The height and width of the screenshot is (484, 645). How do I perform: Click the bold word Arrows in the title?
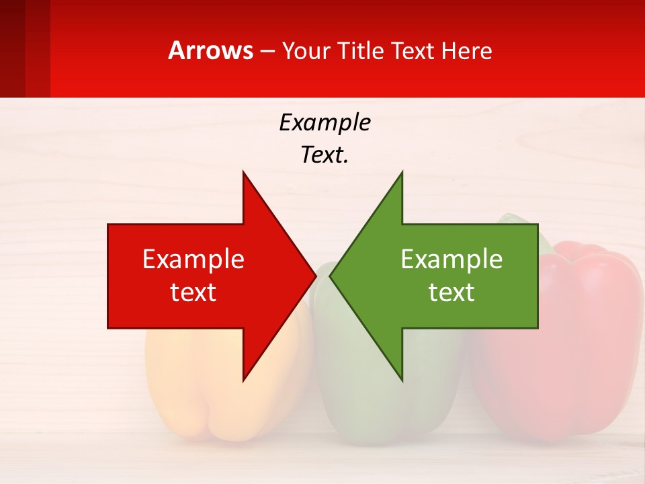tap(211, 50)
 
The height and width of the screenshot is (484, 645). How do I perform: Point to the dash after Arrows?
tap(267, 51)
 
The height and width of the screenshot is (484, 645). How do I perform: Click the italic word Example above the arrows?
tap(325, 122)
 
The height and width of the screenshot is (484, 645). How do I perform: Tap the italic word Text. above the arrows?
tap(325, 155)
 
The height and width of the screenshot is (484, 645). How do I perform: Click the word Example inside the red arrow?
tap(193, 259)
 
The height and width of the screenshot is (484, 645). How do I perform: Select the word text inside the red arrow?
tap(193, 292)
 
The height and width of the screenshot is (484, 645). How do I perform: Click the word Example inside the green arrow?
tap(451, 259)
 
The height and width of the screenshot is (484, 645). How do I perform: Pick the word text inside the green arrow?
tap(451, 292)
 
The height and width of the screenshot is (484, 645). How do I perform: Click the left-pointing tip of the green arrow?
tap(332, 276)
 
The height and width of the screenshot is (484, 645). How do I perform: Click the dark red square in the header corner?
tap(12, 47)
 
